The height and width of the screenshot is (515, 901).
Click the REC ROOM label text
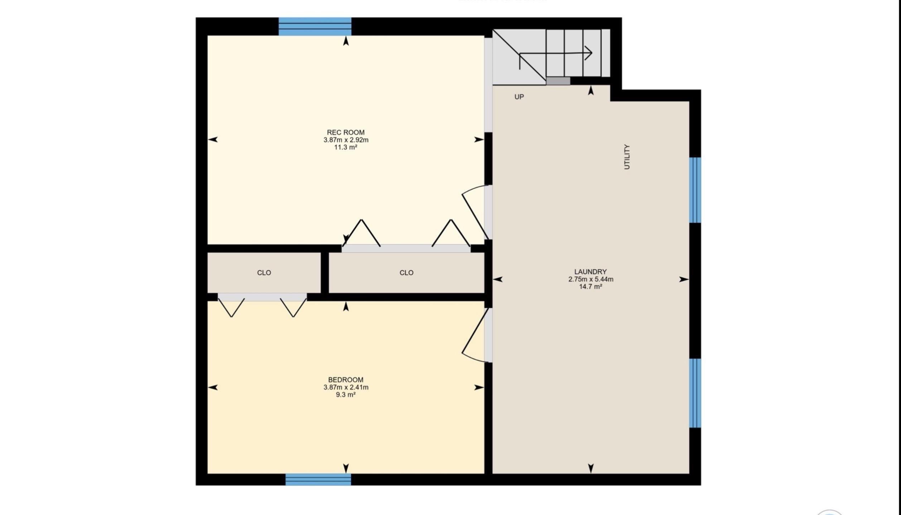click(346, 132)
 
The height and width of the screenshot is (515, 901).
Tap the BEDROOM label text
click(346, 380)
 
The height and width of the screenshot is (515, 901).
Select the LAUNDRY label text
click(590, 272)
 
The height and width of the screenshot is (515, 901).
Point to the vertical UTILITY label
click(627, 157)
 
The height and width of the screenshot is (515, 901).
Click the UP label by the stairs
click(519, 97)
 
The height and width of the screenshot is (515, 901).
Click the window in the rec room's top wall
click(315, 26)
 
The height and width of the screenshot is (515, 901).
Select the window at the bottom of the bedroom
click(318, 479)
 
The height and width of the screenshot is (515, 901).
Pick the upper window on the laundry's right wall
click(695, 190)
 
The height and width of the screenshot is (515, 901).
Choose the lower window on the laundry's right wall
click(695, 393)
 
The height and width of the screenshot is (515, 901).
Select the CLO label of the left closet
click(264, 273)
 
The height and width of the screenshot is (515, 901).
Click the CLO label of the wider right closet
click(406, 273)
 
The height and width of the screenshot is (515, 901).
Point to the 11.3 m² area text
click(346, 147)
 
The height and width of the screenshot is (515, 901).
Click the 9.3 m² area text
click(346, 395)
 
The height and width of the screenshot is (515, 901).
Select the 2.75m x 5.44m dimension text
click(590, 279)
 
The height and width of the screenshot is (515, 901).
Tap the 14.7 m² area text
click(590, 287)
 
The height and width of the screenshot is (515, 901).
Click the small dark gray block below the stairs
click(558, 81)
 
